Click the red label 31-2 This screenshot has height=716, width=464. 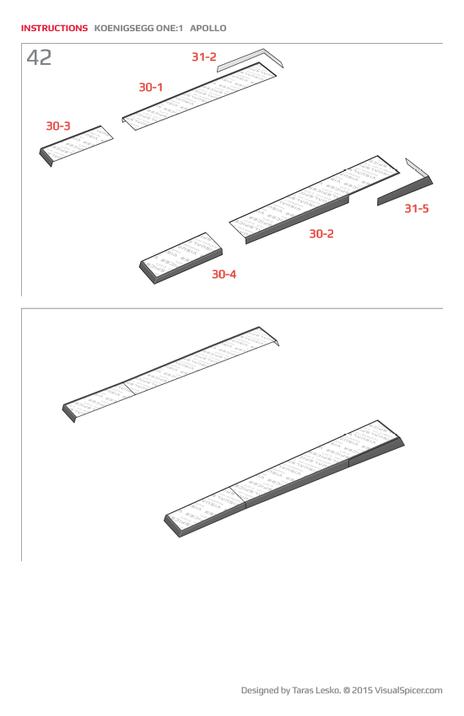click(x=203, y=57)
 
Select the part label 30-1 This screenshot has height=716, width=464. click(x=151, y=87)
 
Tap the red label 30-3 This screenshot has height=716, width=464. click(x=58, y=126)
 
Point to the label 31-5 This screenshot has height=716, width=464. click(x=416, y=208)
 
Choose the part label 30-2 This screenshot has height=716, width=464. click(x=321, y=233)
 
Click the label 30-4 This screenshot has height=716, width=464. click(x=224, y=275)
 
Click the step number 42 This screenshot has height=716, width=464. click(x=39, y=58)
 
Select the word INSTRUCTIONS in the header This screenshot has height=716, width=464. click(x=54, y=28)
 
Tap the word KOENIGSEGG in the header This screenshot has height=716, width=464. click(x=130, y=28)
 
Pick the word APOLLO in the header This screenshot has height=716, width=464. click(x=208, y=28)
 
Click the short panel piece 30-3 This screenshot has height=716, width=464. click(x=76, y=145)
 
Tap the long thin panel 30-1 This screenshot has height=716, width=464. click(x=202, y=96)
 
